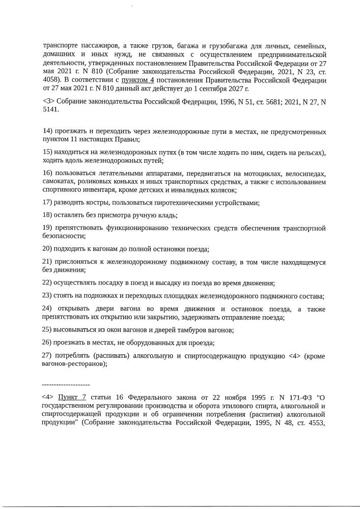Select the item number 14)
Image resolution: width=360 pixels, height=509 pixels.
(x=48, y=132)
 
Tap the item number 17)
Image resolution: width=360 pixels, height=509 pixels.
(x=48, y=203)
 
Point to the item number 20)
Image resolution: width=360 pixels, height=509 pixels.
(x=48, y=249)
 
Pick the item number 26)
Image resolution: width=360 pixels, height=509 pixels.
(x=48, y=342)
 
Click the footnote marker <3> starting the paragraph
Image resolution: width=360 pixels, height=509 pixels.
(x=49, y=101)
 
